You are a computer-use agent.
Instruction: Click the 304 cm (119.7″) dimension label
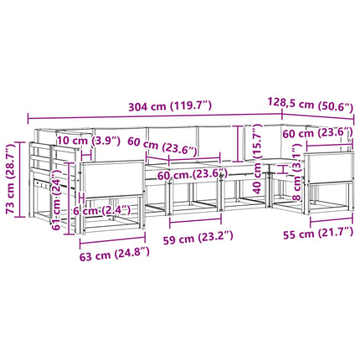click(x=170, y=106)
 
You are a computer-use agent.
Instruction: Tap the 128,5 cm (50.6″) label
click(x=311, y=104)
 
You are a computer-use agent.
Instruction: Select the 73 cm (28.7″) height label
click(x=11, y=179)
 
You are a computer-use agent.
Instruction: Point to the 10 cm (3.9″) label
click(x=89, y=141)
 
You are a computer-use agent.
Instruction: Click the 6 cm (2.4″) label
click(x=102, y=210)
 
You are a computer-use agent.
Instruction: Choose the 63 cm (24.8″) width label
click(x=115, y=254)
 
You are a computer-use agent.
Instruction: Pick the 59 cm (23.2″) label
click(x=198, y=238)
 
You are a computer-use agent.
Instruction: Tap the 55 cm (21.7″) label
click(x=318, y=233)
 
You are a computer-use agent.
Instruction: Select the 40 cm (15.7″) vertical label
click(x=257, y=159)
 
